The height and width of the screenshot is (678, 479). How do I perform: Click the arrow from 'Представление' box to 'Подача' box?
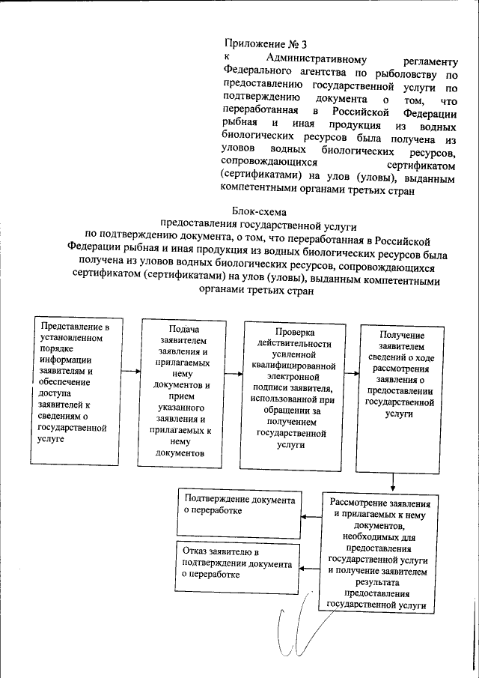(x=131, y=371)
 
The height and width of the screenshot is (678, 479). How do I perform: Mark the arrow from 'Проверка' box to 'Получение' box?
(x=351, y=371)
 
